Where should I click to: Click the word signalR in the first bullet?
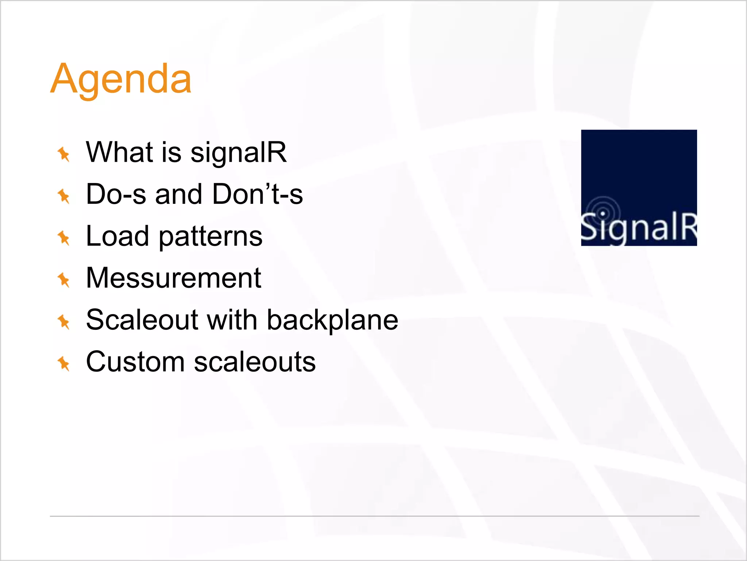[239, 152]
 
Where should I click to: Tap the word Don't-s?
[258, 194]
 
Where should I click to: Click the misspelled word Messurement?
[174, 278]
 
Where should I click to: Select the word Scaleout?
[142, 320]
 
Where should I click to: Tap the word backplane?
[332, 321]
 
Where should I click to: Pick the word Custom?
[135, 362]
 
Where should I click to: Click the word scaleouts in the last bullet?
[255, 362]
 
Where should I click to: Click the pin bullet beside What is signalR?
[64, 154]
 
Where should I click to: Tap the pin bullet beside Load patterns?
[64, 238]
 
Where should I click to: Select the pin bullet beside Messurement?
[64, 280]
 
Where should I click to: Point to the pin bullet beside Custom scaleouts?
[64, 363]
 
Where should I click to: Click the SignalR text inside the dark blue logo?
[639, 228]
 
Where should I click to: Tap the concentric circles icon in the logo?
[603, 212]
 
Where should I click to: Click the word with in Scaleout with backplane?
[232, 320]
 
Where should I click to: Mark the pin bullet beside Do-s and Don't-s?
[64, 196]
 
